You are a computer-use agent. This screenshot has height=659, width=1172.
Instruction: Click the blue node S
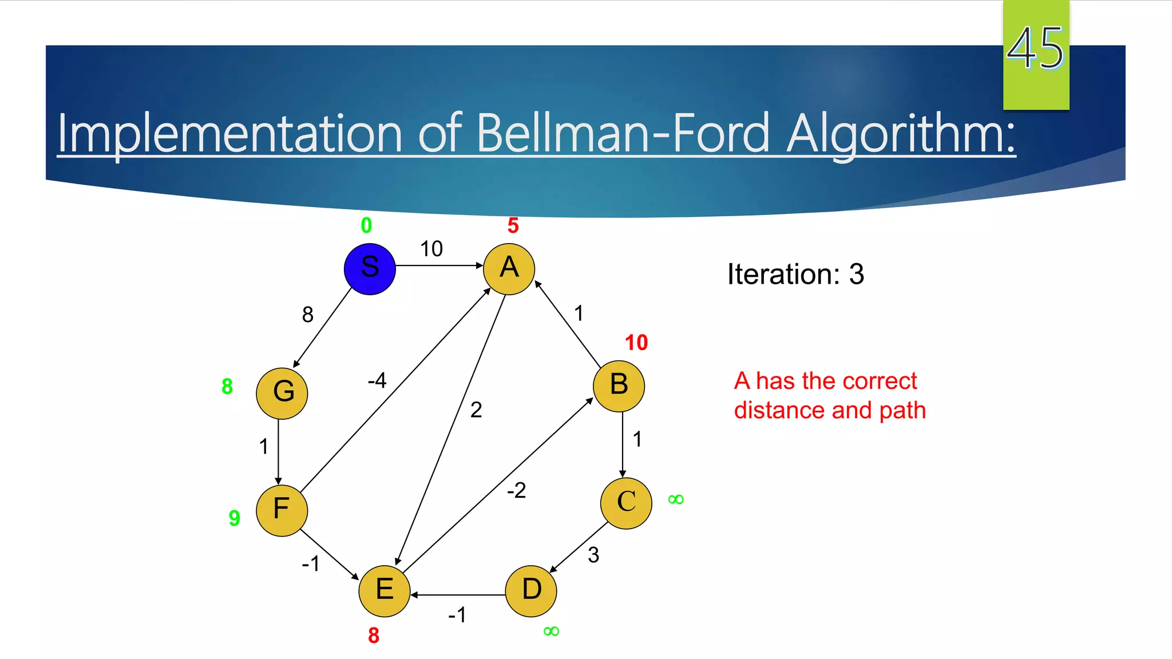pos(370,269)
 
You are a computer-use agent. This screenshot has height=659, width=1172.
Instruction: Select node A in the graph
pos(509,269)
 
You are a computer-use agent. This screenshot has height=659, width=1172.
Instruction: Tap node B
pos(619,386)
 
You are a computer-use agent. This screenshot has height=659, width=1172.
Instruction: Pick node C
pos(626,503)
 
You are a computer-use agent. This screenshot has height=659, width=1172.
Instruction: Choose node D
pos(531,591)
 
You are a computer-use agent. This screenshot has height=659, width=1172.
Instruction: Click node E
pos(384,591)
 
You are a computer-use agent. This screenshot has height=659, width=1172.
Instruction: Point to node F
pos(282,510)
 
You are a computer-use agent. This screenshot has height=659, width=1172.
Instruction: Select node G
pos(282,393)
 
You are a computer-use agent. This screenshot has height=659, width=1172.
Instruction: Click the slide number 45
pos(1035,49)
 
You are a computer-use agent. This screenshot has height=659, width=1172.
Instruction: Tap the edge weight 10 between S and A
pos(431,249)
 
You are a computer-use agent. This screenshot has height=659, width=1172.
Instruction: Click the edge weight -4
pos(377,380)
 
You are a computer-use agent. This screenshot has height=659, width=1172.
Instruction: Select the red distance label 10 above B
pos(636,343)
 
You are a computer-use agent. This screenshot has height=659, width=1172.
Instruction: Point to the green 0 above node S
pos(366,225)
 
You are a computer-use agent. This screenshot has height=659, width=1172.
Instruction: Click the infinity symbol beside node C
pos(676,499)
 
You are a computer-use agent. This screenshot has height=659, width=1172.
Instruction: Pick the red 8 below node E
pos(374,636)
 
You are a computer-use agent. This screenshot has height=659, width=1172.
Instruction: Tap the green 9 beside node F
pos(234,518)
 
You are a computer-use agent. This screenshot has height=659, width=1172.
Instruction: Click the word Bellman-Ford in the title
pos(623,134)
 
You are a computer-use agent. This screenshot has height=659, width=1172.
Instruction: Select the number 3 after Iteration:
pos(856,275)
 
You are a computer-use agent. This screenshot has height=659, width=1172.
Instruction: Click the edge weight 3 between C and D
pos(593,555)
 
